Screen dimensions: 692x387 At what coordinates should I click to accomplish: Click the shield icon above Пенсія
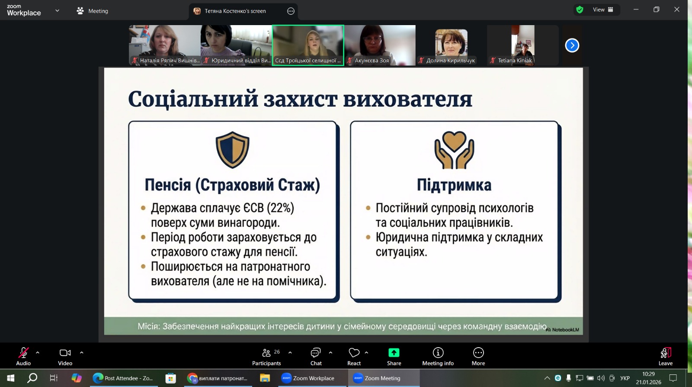coord(232,150)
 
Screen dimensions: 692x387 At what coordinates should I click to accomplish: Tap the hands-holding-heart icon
coord(454,150)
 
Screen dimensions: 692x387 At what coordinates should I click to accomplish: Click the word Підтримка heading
coord(454,185)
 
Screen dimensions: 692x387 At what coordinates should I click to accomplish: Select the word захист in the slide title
coord(300,99)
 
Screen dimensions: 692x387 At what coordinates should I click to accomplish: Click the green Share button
coord(394,353)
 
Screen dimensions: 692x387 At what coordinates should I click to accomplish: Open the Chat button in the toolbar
coord(316,353)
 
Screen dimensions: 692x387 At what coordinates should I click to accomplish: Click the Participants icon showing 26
coord(266,353)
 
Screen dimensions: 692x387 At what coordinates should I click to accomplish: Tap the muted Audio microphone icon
coord(23,353)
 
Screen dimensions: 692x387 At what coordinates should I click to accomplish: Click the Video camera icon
coord(65,353)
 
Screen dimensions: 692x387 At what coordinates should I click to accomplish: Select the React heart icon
coord(354,353)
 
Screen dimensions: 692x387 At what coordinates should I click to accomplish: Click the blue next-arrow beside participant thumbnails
coord(572,45)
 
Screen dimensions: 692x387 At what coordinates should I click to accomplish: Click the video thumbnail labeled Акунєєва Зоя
coord(380,45)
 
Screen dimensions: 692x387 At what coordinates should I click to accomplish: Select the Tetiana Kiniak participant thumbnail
coord(523,45)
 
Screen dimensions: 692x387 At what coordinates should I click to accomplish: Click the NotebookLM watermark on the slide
coord(562,330)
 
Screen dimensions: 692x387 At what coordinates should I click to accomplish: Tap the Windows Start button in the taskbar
coord(10,378)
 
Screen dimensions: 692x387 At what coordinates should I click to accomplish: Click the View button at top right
coord(602,10)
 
